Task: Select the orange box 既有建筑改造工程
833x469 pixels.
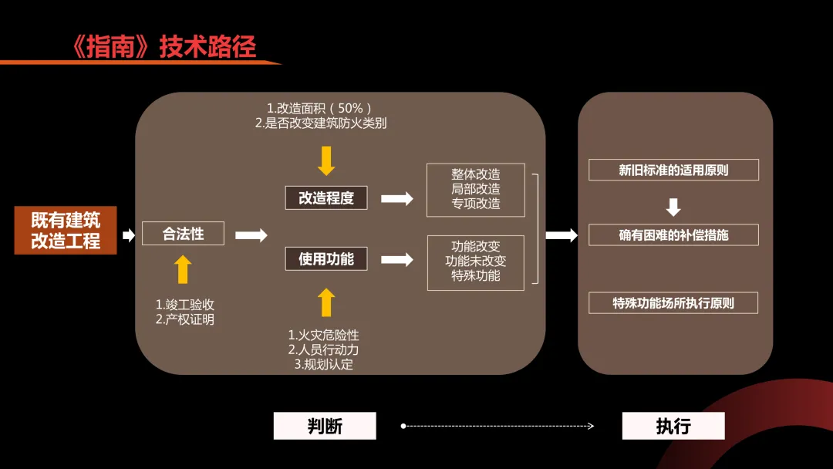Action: (66, 230)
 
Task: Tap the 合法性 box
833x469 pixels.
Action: (183, 234)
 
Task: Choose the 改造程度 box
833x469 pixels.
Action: (326, 197)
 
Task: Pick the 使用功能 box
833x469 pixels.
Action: (326, 259)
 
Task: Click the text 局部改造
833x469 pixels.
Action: (475, 189)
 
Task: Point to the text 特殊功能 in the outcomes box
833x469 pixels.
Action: (475, 275)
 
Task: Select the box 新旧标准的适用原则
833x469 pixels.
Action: (673, 170)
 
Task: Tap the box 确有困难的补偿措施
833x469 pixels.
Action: (673, 235)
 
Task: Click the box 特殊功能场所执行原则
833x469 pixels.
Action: (673, 303)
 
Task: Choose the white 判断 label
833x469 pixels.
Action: (325, 426)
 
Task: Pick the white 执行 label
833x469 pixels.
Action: (673, 426)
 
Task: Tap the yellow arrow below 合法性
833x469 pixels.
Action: (183, 270)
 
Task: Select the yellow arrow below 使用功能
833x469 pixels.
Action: (326, 302)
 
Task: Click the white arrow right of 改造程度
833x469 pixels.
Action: (397, 198)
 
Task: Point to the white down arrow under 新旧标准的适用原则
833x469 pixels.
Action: (673, 207)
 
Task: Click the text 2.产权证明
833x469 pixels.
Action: (185, 319)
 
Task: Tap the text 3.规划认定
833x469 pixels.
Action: (324, 364)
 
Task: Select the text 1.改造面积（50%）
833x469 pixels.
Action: (319, 108)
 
